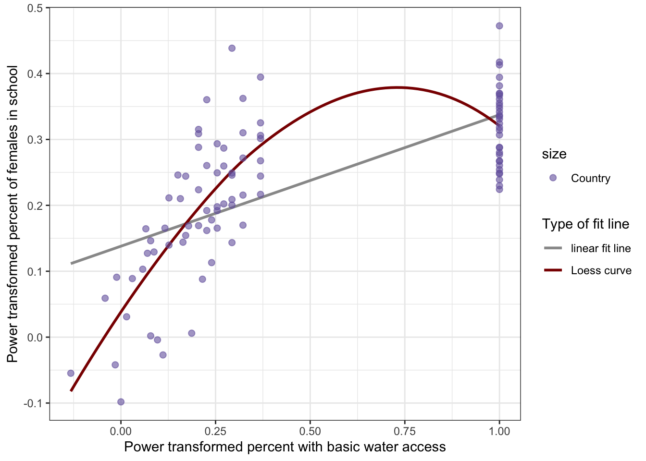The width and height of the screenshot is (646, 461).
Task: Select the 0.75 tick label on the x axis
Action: (405, 431)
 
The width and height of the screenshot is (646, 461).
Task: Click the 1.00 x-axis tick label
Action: (499, 431)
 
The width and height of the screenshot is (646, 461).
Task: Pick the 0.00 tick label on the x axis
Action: (121, 431)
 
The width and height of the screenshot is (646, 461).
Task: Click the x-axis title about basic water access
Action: (285, 447)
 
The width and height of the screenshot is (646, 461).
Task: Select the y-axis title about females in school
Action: (12, 214)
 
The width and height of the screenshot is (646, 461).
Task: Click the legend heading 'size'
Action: (554, 154)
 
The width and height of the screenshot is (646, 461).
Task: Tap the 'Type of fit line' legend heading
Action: (585, 224)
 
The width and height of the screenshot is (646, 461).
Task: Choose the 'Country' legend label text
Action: (590, 178)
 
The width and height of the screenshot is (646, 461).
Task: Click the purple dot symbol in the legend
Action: (553, 178)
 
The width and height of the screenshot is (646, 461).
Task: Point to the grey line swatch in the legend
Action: (553, 248)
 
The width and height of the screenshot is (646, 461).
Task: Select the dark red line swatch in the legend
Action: (553, 270)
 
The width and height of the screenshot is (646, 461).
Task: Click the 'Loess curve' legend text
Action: (601, 270)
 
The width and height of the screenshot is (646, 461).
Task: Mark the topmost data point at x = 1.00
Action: (499, 26)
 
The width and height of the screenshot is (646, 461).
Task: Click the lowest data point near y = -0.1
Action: (121, 402)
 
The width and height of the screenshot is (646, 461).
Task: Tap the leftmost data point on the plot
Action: (71, 373)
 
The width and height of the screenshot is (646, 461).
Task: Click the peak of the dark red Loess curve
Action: (397, 87)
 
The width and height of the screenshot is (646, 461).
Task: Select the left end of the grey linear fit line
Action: (72, 263)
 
